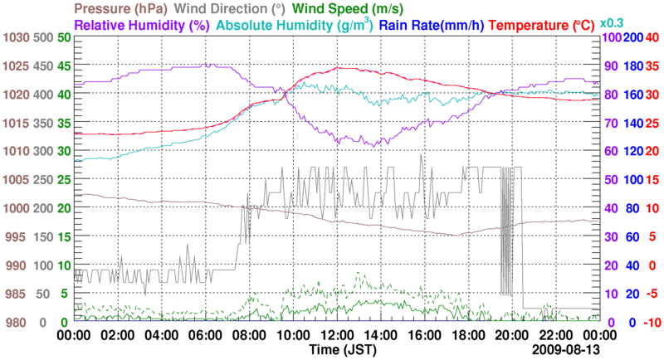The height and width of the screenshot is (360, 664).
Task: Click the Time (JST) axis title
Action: (x=336, y=351)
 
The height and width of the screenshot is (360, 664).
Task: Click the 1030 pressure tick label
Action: (x=16, y=38)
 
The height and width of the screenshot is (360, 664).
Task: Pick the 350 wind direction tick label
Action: (x=43, y=124)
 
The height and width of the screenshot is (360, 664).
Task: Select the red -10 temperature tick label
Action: (x=652, y=323)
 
